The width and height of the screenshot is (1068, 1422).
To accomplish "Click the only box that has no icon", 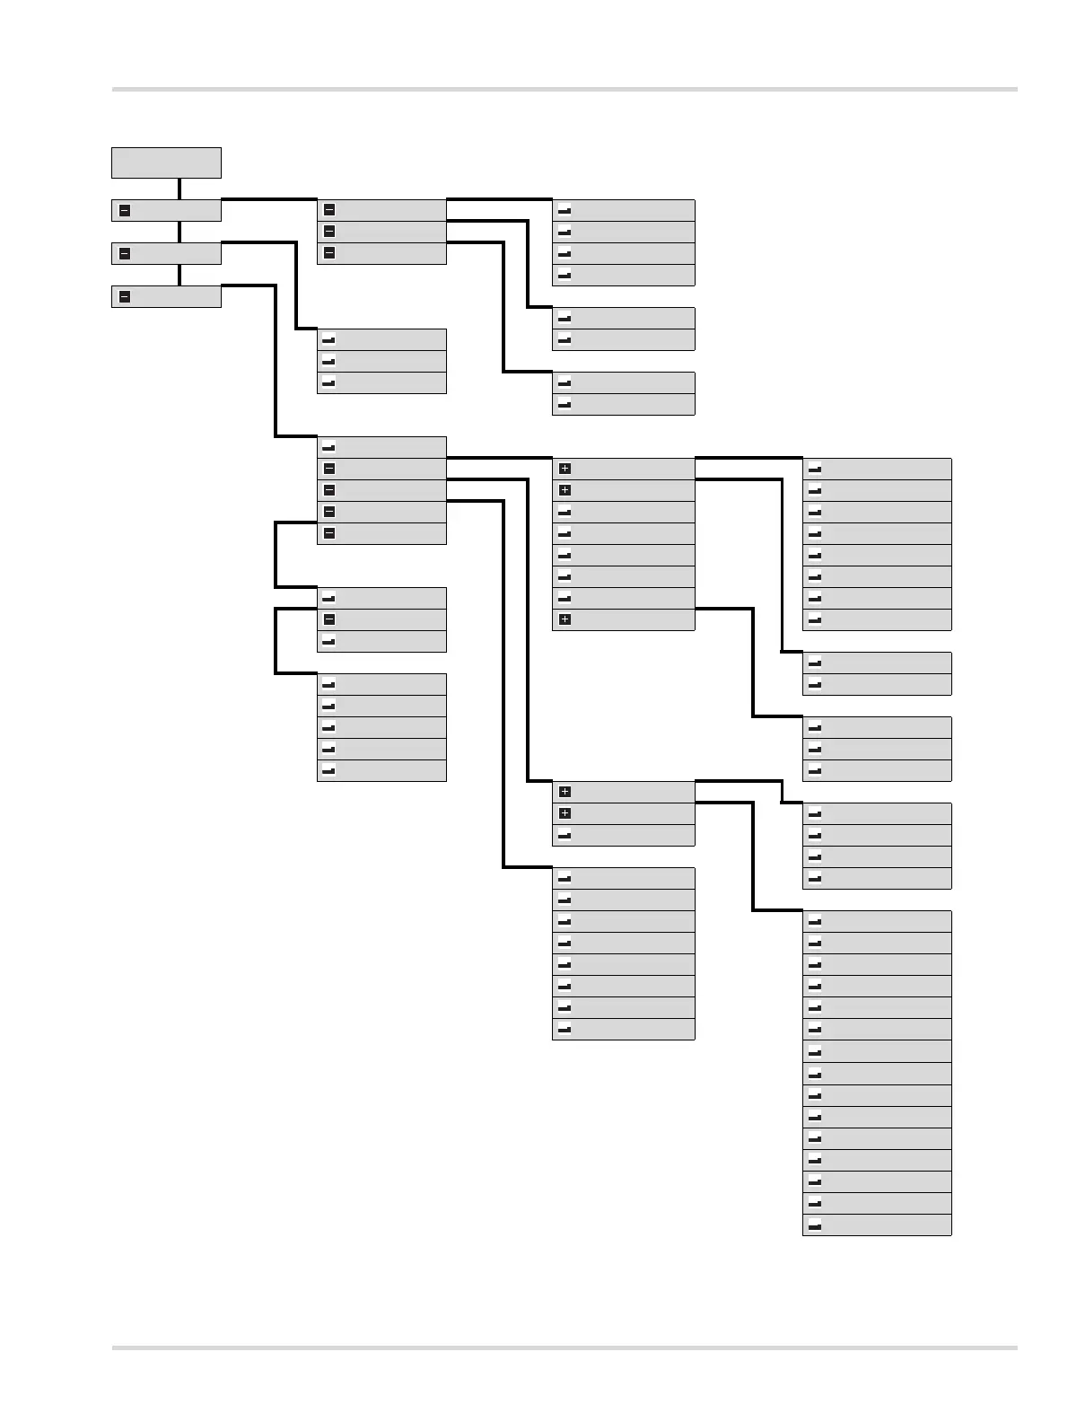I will pos(166,162).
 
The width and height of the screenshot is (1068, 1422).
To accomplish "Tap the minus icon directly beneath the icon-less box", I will pos(125,211).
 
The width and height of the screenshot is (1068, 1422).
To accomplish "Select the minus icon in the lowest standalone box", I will pos(125,297).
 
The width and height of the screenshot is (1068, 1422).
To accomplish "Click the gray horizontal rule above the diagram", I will pos(565,90).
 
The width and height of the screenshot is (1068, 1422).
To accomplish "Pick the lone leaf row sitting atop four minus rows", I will pos(381,447).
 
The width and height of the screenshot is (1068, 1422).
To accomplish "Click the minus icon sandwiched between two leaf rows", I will pos(329,619).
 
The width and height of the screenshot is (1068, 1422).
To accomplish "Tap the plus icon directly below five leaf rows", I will pos(565,619).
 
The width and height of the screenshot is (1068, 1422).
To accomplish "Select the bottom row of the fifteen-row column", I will pos(877,1225).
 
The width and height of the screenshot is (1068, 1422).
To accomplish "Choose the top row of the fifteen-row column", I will pos(877,921).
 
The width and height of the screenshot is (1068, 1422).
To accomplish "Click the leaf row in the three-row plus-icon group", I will pos(623,836).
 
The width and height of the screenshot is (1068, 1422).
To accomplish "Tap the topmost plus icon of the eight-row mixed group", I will pos(565,469).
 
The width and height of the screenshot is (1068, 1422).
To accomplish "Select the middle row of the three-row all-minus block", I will pos(381,232).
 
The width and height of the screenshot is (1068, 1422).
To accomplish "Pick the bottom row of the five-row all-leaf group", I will pos(381,770).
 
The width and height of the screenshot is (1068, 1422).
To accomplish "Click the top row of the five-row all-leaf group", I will pos(381,684).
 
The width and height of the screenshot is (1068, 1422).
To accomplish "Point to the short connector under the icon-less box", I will pos(179,189).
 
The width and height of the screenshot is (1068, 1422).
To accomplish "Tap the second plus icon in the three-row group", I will pos(565,813).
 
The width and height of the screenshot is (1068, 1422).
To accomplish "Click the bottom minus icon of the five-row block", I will pos(329,533).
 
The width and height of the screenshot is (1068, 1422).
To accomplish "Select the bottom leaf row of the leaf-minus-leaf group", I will pos(381,642).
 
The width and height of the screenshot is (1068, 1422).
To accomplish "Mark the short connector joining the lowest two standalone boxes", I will pos(179,275).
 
